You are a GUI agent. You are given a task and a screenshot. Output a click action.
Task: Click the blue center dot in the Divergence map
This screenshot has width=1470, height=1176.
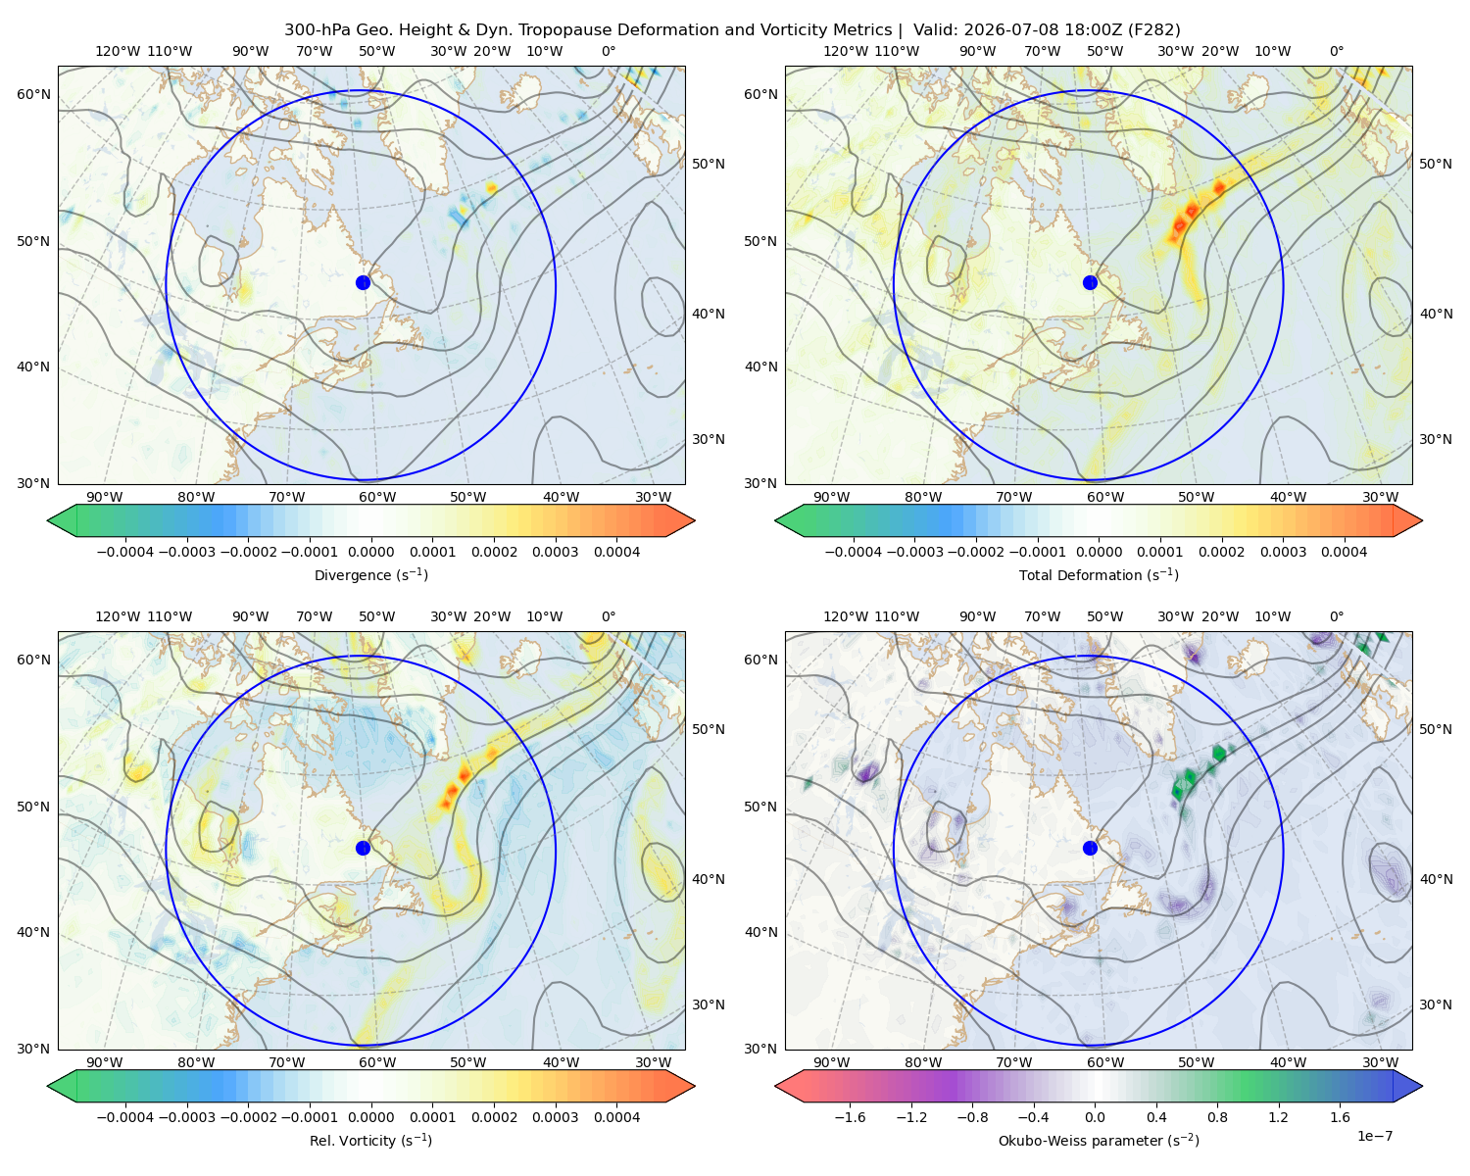point(363,282)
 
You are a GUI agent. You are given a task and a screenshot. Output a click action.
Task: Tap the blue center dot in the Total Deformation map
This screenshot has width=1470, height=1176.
point(1090,282)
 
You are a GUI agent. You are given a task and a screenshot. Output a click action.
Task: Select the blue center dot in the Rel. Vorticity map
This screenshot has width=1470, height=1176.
point(363,848)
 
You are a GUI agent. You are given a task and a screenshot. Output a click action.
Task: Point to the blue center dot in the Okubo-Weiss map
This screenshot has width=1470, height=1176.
point(1090,848)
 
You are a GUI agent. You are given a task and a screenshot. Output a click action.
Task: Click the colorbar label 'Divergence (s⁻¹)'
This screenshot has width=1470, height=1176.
point(370,574)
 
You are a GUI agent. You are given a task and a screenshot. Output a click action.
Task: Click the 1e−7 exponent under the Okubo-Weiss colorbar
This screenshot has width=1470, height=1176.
point(1374,1135)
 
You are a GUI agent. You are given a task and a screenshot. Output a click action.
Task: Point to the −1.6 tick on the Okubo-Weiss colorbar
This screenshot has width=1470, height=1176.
point(850,1116)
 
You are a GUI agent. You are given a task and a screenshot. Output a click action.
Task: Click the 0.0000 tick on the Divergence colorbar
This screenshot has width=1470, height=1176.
point(370,552)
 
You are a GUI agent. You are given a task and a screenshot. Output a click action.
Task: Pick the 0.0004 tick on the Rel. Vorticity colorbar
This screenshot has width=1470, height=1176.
point(616,1116)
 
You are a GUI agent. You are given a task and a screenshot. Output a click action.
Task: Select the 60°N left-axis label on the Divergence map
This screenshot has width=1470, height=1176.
point(33,94)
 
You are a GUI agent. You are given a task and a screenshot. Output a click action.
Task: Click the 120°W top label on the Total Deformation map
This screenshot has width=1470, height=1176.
point(845,51)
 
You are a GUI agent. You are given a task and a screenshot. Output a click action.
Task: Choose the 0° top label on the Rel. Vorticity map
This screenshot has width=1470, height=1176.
point(609,615)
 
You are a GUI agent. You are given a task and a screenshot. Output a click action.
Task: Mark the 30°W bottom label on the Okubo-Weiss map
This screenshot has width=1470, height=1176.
point(1381,1061)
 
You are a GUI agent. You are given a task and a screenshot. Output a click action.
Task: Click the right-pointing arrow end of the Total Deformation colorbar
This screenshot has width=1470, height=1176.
point(1408,520)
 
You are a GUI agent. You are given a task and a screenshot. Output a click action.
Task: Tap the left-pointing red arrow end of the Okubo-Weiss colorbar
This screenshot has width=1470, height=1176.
point(789,1085)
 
